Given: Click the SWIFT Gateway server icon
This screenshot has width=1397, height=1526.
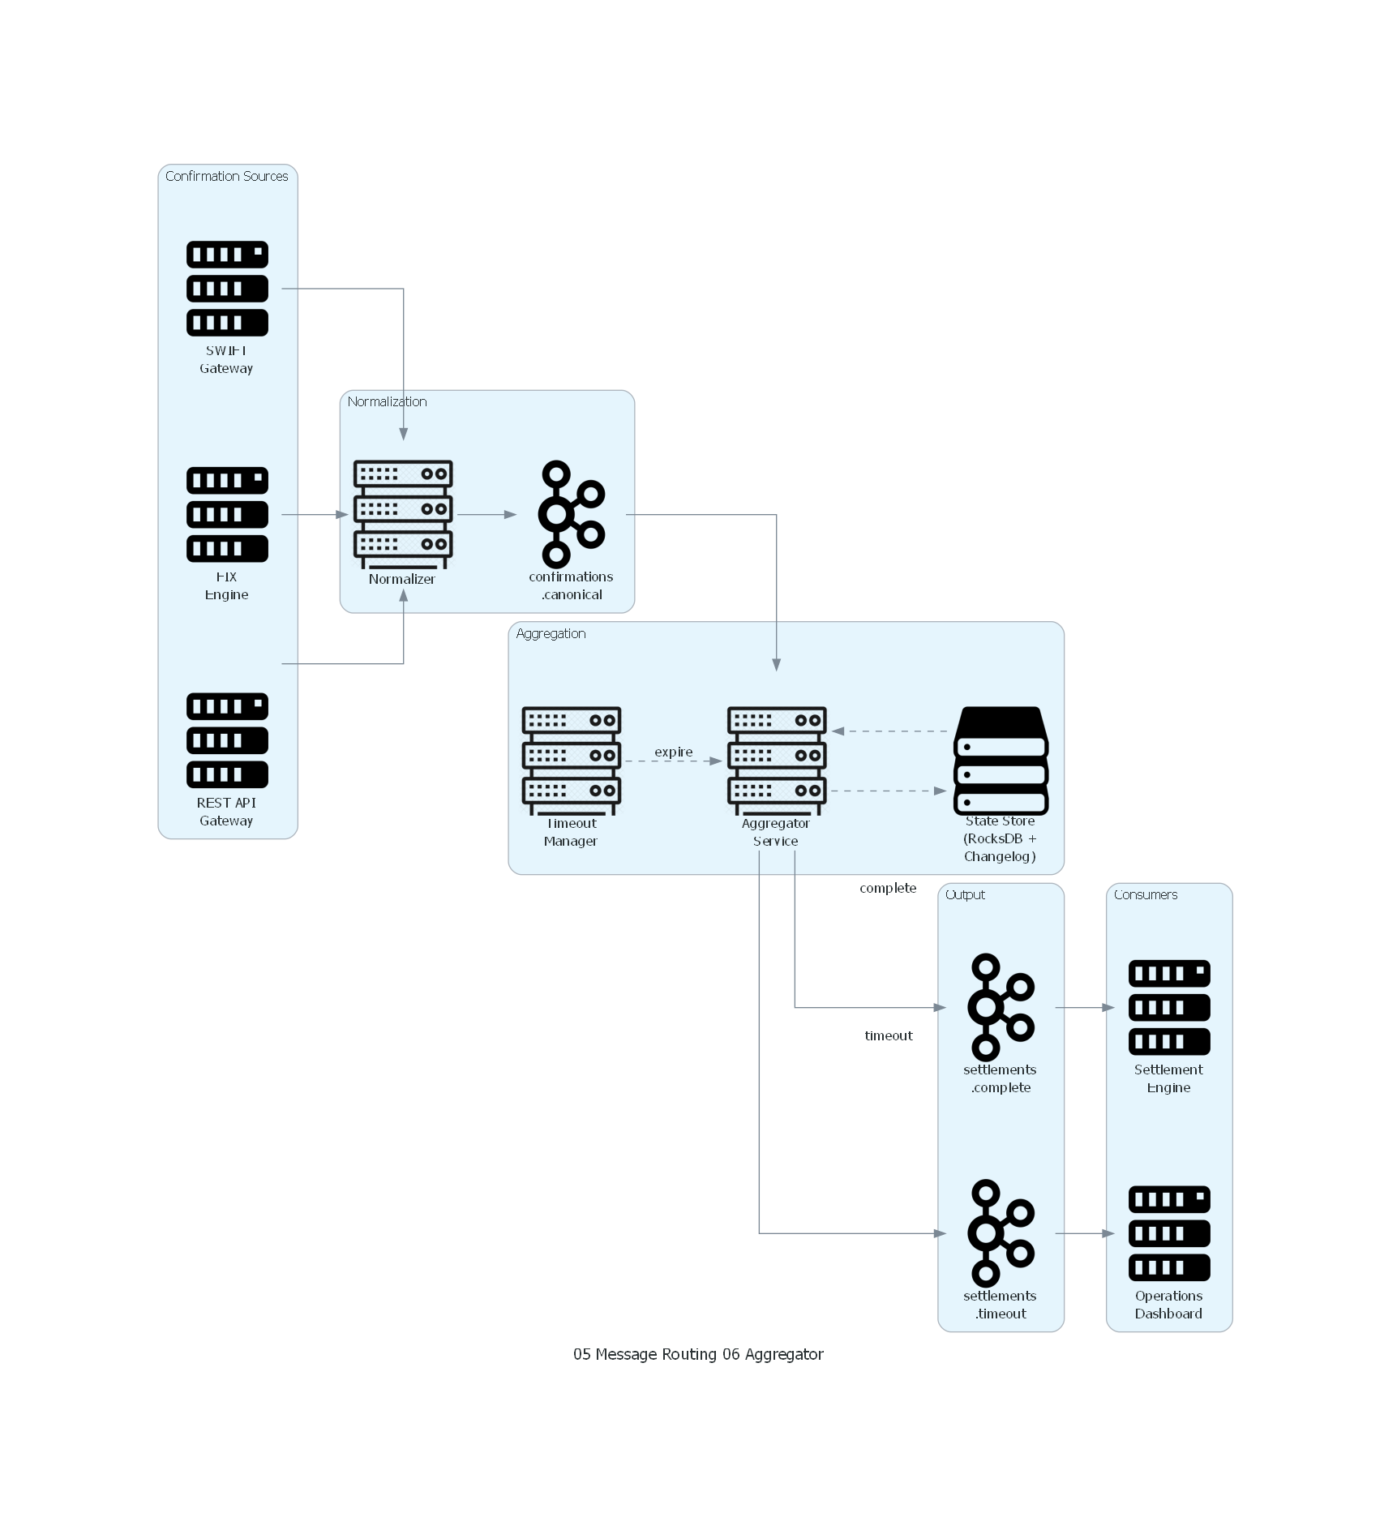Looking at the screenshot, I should [x=227, y=289].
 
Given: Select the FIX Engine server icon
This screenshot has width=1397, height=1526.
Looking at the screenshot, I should [x=227, y=514].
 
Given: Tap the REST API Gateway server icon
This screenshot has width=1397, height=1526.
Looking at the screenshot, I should [x=227, y=740].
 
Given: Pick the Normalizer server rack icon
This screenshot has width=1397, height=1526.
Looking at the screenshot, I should [x=403, y=514].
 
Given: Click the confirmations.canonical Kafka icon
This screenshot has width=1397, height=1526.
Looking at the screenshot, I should [x=572, y=514].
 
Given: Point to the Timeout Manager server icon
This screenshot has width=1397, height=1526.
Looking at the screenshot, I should [x=572, y=761].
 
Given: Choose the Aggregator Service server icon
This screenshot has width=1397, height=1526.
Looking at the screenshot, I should [x=777, y=761].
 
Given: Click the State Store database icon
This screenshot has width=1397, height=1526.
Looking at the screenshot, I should [x=1001, y=761].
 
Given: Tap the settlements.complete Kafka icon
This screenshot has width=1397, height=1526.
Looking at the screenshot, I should [x=1001, y=1007].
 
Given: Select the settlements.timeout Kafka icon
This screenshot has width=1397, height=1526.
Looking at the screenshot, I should [x=1001, y=1233].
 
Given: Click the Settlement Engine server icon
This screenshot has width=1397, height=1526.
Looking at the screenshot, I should [x=1169, y=1007].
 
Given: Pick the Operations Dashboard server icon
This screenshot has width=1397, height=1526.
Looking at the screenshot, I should [x=1169, y=1233].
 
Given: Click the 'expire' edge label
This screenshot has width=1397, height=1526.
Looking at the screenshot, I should [x=674, y=752].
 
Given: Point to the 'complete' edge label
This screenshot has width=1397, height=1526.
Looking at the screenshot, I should [x=888, y=888].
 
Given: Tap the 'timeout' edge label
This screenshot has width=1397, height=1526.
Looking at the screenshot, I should [x=889, y=1035].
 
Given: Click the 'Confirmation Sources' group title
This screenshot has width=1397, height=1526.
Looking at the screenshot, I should [x=227, y=176].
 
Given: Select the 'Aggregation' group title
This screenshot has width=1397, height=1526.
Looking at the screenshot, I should [x=551, y=633].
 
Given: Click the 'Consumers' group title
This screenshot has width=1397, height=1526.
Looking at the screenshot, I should [x=1146, y=894].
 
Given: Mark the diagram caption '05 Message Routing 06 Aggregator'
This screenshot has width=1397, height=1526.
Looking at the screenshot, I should [x=698, y=1354].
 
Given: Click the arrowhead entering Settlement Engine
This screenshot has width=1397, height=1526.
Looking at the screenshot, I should [x=1109, y=1007].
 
